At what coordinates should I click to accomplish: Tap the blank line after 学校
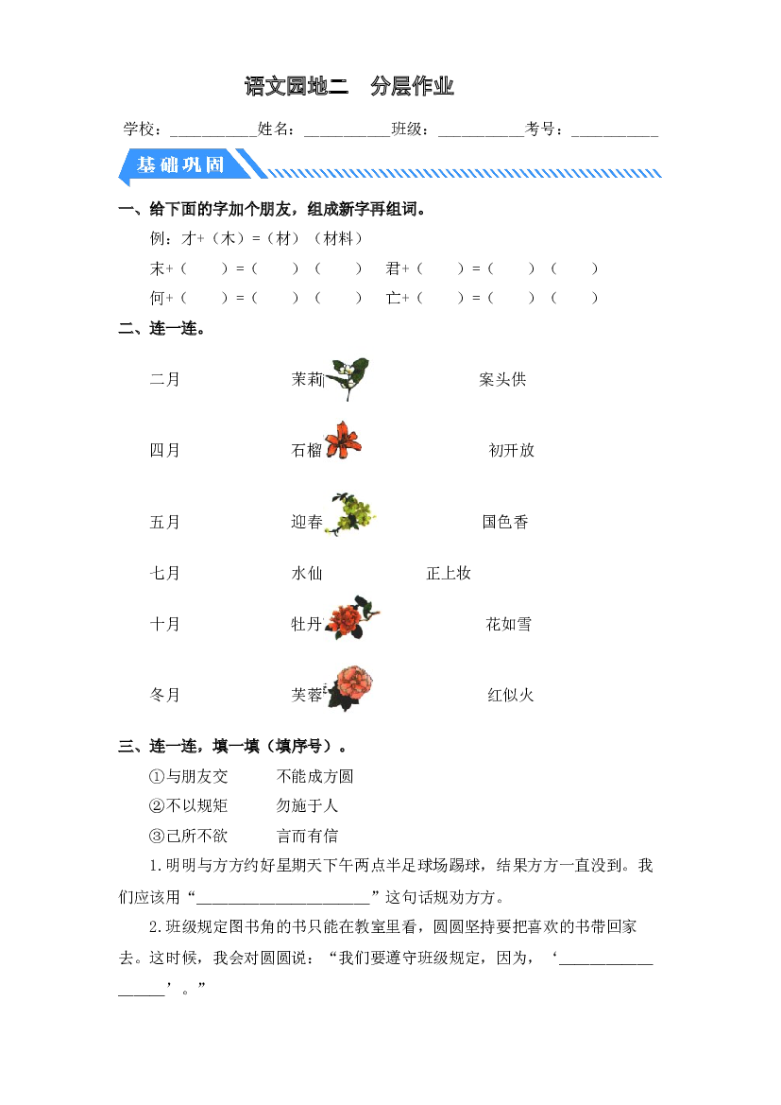(x=213, y=134)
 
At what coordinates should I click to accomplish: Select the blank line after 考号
(x=615, y=134)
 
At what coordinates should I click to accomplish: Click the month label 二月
(x=164, y=380)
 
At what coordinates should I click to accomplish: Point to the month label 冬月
(x=164, y=696)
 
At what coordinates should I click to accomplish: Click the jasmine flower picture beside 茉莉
(x=347, y=378)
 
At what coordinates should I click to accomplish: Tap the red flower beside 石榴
(x=343, y=440)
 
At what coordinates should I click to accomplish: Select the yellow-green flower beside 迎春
(x=350, y=514)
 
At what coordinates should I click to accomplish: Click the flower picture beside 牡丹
(x=352, y=617)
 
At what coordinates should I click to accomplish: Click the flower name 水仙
(x=307, y=574)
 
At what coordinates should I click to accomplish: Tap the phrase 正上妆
(x=449, y=574)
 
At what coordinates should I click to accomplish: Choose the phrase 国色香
(x=505, y=522)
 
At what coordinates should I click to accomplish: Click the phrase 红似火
(x=511, y=696)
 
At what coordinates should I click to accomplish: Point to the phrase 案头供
(x=502, y=380)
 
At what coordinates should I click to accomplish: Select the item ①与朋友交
(x=189, y=777)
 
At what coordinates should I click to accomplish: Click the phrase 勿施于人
(x=307, y=806)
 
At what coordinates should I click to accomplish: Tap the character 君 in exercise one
(x=393, y=268)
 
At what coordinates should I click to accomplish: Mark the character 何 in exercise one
(x=157, y=298)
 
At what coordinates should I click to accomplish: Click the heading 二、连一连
(x=162, y=328)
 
